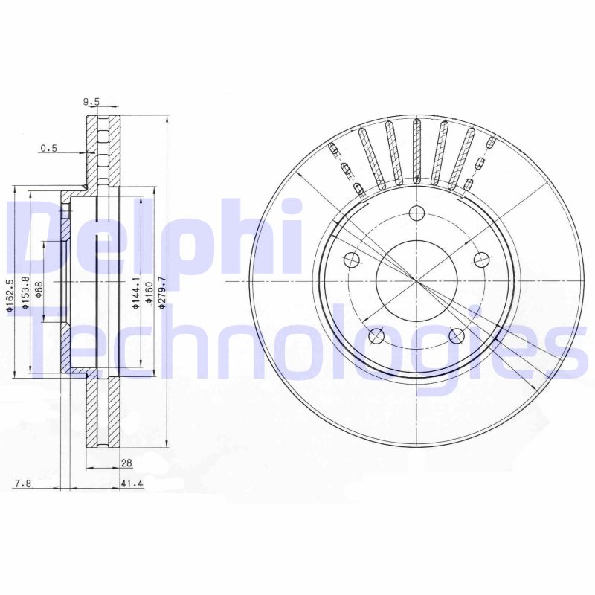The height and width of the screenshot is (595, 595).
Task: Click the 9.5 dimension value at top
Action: pyautogui.click(x=91, y=103)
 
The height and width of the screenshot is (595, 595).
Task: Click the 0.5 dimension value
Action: pyautogui.click(x=48, y=148)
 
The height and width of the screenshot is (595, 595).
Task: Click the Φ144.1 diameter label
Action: pyautogui.click(x=136, y=292)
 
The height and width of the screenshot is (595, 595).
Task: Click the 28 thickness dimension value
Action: pyautogui.click(x=126, y=463)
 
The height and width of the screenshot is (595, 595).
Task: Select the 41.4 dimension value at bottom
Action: pyautogui.click(x=131, y=484)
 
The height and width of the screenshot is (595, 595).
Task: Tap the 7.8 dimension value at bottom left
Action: pyautogui.click(x=22, y=484)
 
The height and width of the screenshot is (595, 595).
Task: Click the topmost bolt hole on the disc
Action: pyautogui.click(x=416, y=212)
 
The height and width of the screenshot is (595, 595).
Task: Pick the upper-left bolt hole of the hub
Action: pyautogui.click(x=352, y=260)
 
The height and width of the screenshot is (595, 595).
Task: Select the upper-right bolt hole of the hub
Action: pyautogui.click(x=482, y=260)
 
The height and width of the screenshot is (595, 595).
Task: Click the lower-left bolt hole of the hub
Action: pyautogui.click(x=377, y=336)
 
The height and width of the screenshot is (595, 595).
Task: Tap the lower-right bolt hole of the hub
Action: pyautogui.click(x=457, y=336)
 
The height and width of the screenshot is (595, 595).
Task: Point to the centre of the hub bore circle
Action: pyautogui.click(x=416, y=280)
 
